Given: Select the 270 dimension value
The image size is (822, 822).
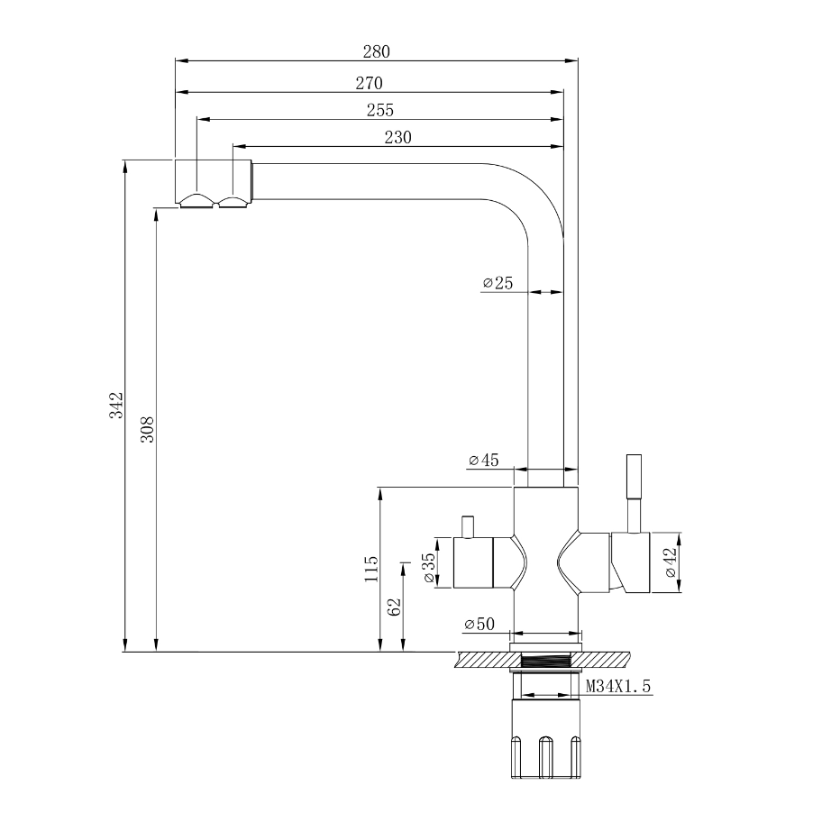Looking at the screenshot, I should point(370,83).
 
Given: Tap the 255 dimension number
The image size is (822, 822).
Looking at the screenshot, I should point(380,110).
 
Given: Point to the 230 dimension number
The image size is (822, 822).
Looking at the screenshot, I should point(397,137).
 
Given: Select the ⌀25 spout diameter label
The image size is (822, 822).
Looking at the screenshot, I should point(498,283).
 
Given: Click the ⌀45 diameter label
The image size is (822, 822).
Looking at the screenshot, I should point(484,461).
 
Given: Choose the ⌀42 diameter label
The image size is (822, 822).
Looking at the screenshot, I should point(669,562).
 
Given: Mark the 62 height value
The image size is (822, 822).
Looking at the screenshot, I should point(393,606).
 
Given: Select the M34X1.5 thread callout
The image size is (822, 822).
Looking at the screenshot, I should point(618,687).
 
